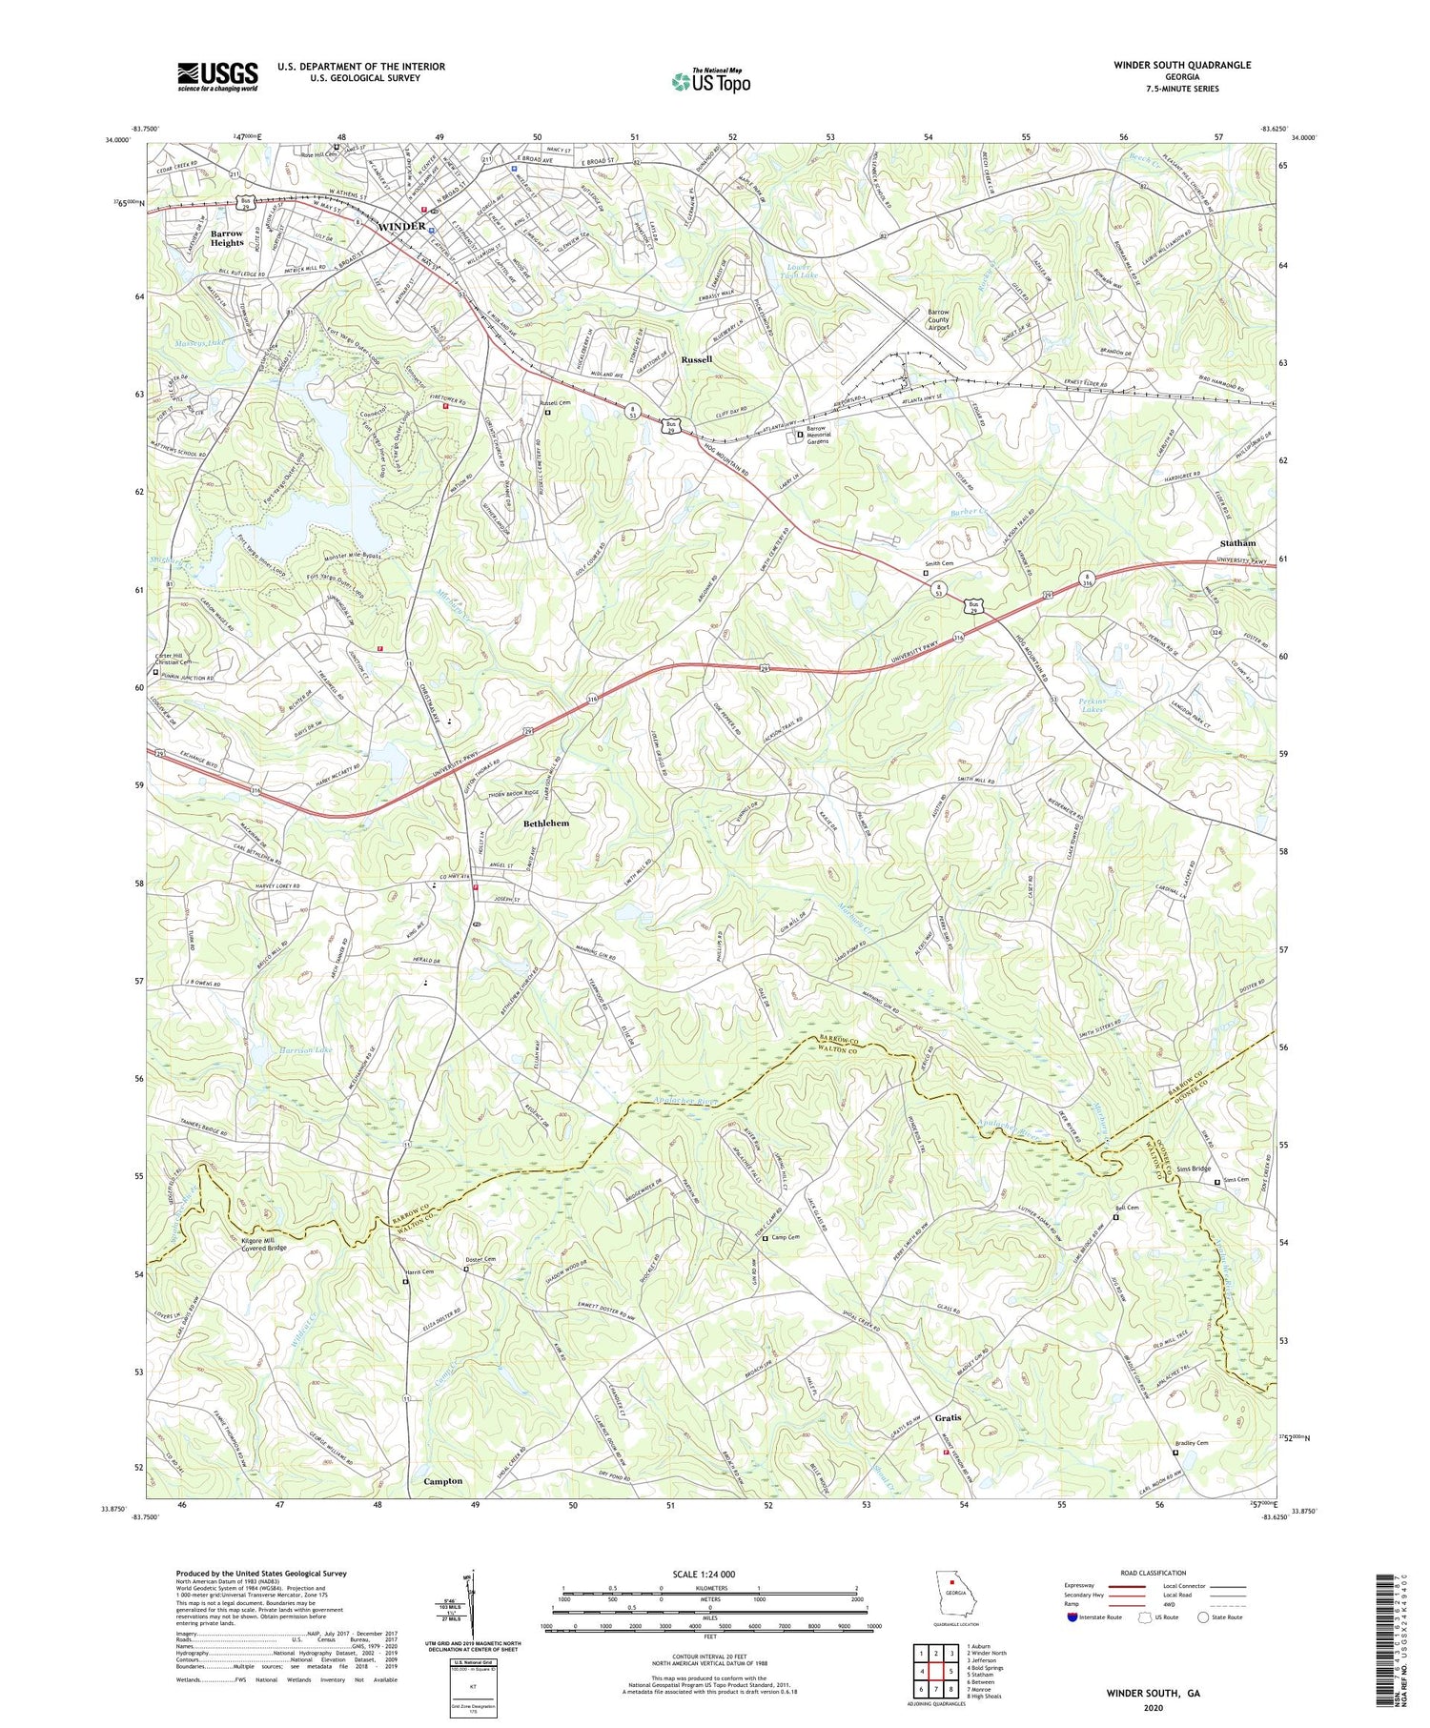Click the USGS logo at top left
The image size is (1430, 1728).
pos(217,76)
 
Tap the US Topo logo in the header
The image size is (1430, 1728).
pos(711,81)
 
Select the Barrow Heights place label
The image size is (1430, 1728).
pos(227,238)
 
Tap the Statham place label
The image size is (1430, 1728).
pos(1237,543)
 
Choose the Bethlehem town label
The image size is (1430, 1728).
pos(548,823)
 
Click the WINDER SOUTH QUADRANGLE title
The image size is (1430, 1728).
pos(1181,66)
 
